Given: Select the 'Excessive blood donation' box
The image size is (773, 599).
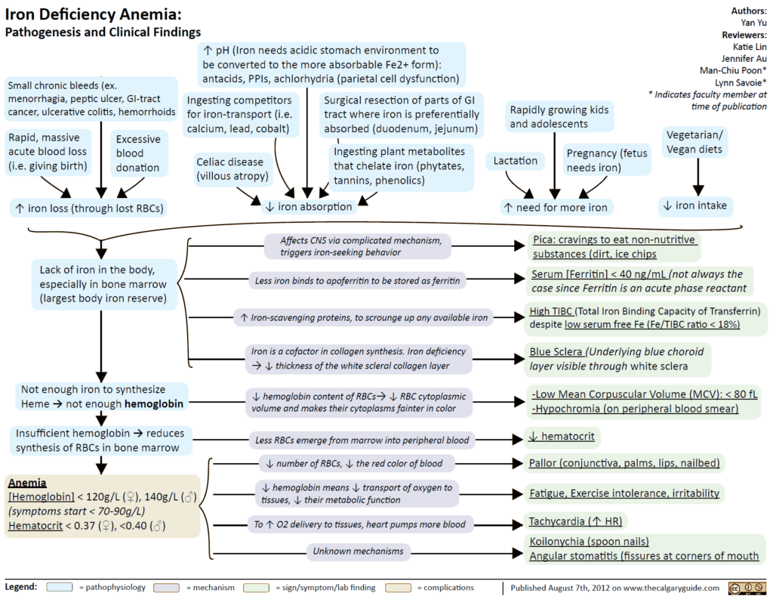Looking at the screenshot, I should click(138, 153).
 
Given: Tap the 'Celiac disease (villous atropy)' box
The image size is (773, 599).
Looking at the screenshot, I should click(229, 169).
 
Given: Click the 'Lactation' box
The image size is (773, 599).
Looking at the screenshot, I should click(516, 161).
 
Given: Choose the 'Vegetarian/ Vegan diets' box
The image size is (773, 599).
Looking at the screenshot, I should click(695, 142).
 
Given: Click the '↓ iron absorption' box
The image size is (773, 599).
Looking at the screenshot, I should click(309, 206).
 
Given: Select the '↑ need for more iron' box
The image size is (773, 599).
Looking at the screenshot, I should click(556, 207).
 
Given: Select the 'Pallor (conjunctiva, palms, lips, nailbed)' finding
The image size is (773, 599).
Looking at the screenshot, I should click(625, 463).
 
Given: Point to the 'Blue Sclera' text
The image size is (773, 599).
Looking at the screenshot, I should click(557, 352).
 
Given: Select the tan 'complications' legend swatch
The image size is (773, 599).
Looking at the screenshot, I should click(399, 587).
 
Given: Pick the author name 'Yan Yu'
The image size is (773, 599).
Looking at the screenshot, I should click(753, 23).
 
